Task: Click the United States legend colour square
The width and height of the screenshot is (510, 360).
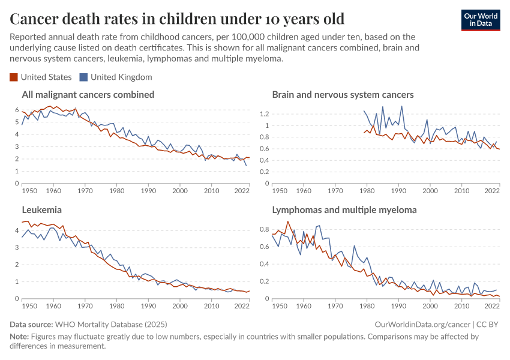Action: coord(14,77)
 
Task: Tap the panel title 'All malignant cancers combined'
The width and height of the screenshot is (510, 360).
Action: coord(88,95)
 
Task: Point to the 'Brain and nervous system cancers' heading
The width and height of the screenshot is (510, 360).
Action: coord(343,95)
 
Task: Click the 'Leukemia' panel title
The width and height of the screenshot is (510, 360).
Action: coord(42,210)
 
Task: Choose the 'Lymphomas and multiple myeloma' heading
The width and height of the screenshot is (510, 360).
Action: coord(344,210)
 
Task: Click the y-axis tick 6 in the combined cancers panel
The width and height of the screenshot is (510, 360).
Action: coord(17,110)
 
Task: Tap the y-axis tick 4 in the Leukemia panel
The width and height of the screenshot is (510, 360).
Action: coord(17,230)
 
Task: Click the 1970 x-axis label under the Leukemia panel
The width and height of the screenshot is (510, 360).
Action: coord(85,306)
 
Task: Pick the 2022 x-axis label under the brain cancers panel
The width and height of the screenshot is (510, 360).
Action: coord(492,191)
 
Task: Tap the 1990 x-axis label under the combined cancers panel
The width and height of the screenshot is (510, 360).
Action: coord(148,191)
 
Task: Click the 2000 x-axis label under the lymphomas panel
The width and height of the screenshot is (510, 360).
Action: coord(430,306)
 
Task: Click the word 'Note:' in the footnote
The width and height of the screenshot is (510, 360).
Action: coord(20,337)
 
